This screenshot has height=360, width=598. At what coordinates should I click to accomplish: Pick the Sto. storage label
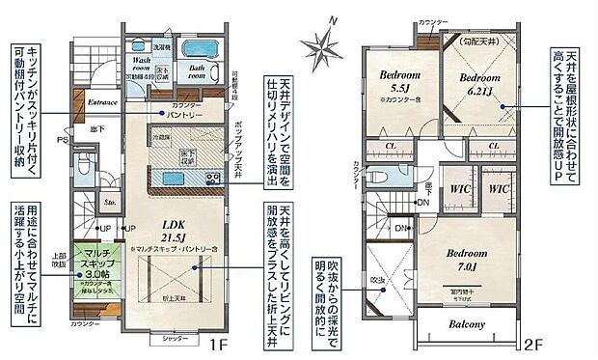coord(111,204)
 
